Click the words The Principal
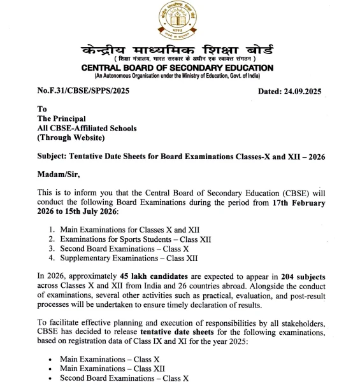[63, 118]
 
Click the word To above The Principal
[42, 109]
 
